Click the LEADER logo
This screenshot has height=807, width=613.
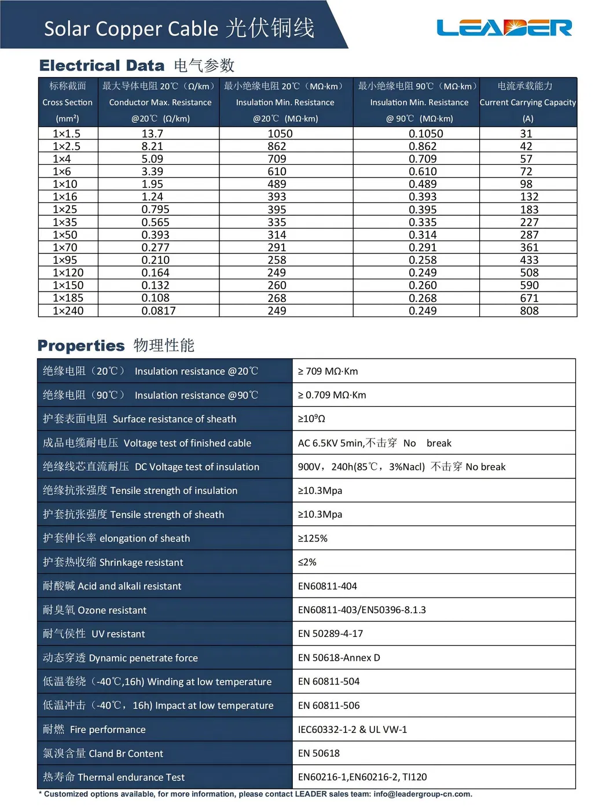(x=504, y=28)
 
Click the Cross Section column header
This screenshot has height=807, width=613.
(x=67, y=102)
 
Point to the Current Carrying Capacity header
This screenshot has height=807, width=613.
(x=527, y=102)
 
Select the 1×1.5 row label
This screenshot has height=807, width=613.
(x=67, y=134)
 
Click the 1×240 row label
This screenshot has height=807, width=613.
(x=68, y=311)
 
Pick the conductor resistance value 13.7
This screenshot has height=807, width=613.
(x=152, y=134)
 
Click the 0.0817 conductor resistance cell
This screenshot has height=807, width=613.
(x=158, y=311)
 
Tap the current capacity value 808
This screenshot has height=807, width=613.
(x=529, y=311)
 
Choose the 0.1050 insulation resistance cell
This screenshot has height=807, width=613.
(x=425, y=134)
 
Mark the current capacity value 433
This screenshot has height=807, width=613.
(x=529, y=260)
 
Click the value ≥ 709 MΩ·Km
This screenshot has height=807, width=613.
(x=328, y=371)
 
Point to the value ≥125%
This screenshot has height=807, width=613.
(x=313, y=539)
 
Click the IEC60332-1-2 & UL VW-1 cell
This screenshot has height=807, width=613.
(x=352, y=729)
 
